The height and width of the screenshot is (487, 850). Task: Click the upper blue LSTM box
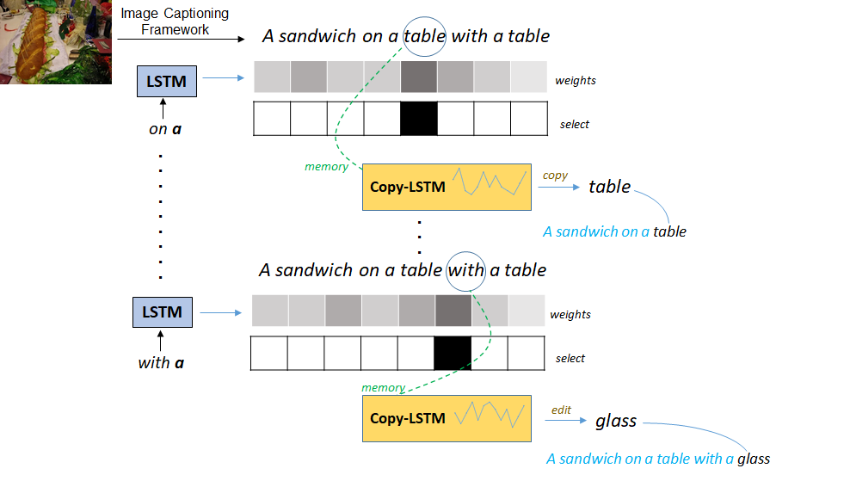point(166,82)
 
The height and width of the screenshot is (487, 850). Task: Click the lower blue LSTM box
point(162,311)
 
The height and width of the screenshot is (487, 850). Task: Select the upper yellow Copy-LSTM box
point(447,186)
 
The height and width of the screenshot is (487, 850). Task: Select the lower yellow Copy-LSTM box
point(447,418)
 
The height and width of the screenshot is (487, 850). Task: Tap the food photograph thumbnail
point(56,41)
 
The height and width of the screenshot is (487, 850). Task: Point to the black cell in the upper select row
point(418,118)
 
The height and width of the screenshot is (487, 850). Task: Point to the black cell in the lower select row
point(452,353)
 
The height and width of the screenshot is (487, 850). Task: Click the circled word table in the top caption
point(424,36)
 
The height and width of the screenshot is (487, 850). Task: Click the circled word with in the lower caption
point(466,269)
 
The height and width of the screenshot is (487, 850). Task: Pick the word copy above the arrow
point(555,175)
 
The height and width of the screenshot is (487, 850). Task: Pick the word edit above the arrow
point(561,410)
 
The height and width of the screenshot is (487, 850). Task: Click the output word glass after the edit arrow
point(616,421)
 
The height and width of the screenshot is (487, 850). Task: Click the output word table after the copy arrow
point(609,187)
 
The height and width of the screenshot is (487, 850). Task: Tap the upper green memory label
point(326,166)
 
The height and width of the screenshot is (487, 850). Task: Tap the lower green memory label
point(383,387)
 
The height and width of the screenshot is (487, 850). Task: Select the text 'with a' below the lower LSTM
point(161,362)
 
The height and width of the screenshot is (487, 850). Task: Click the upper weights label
point(576,80)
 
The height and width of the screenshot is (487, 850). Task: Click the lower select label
point(570,358)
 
